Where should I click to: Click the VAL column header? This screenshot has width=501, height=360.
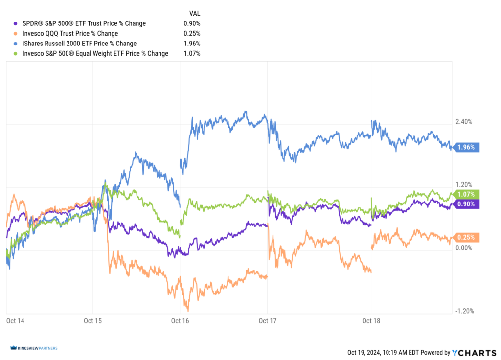(x=194, y=13)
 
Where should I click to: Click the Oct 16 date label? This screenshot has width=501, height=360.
(x=180, y=321)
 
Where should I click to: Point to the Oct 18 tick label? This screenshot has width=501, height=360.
(x=371, y=321)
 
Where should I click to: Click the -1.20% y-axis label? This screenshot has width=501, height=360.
(x=464, y=311)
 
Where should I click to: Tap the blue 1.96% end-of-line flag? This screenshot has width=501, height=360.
(x=467, y=147)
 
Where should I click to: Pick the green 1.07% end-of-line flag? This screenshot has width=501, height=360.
(x=467, y=194)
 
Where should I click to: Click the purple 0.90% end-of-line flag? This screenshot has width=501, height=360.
(x=467, y=204)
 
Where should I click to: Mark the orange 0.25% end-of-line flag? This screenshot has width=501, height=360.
(x=467, y=237)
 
